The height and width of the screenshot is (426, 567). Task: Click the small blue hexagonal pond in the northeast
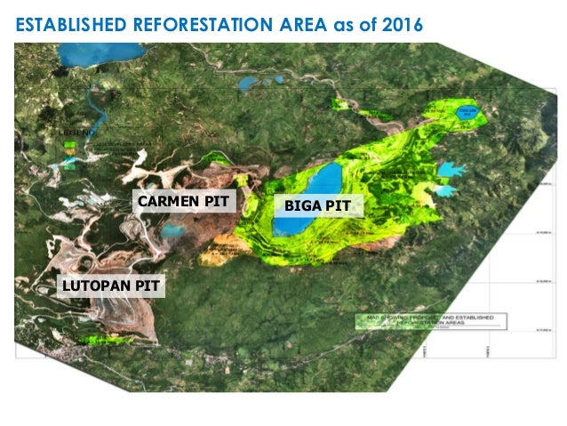click(x=466, y=114)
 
